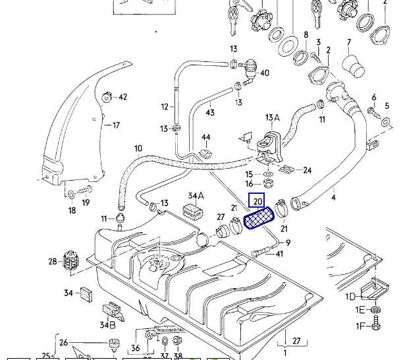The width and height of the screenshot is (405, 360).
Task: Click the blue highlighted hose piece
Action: tap(259, 218)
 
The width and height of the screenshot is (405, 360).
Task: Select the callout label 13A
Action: tap(272, 118)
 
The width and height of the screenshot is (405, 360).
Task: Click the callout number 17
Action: tap(116, 125)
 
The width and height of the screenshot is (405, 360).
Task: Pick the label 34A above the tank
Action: tap(196, 196)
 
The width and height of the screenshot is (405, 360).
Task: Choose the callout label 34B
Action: tap(107, 324)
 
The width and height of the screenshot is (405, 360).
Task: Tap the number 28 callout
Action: tap(53, 262)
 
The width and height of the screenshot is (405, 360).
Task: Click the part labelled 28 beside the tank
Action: tap(70, 262)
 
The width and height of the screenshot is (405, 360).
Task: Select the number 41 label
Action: tap(279, 254)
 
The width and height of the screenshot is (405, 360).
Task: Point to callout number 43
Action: tap(210, 113)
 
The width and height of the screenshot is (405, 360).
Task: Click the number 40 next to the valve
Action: tap(265, 73)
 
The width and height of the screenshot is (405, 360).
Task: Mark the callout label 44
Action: tap(206, 138)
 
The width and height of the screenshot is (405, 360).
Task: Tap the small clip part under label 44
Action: tap(205, 153)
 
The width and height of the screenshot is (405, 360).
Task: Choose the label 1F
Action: tap(360, 326)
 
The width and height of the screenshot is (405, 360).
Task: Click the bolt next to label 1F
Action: tap(375, 324)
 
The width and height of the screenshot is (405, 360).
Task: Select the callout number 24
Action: tap(306, 170)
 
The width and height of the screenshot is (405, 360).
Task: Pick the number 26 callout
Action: tap(63, 342)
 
